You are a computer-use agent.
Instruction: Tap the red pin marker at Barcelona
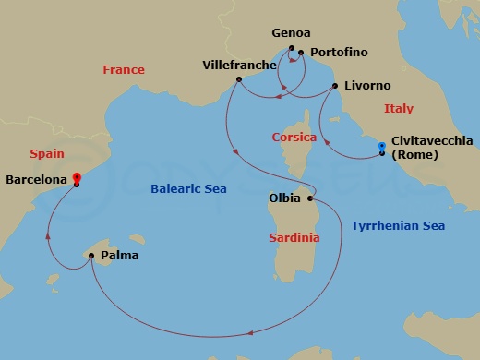[x=76, y=178]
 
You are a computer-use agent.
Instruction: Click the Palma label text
[x=120, y=256]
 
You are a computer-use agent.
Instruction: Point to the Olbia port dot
[x=310, y=198]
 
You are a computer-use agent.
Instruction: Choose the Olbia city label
[x=282, y=198]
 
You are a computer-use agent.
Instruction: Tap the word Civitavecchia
[x=432, y=140]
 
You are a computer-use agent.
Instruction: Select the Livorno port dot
[x=334, y=86]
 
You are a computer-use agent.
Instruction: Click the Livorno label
[x=366, y=86]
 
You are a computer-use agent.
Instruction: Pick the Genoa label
[x=291, y=33]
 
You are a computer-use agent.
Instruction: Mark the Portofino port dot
[x=301, y=53]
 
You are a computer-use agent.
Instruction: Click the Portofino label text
[x=340, y=53]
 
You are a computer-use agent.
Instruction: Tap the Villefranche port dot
[x=238, y=79]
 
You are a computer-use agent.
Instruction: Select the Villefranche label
[x=240, y=65]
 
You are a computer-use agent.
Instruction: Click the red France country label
[x=124, y=70]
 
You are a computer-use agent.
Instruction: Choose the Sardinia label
[x=294, y=238]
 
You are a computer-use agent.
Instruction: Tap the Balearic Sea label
[x=190, y=190]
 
